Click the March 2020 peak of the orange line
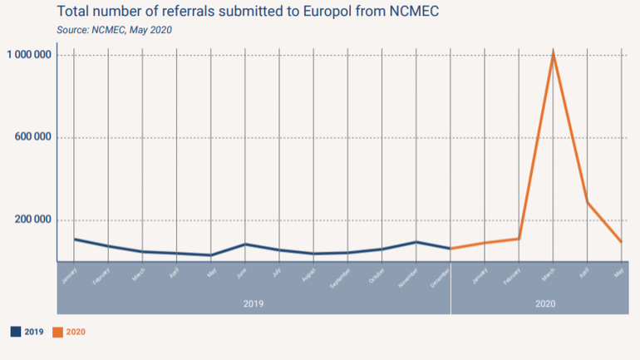coord(553,55)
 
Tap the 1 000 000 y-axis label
coord(30,55)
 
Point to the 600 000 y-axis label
coord(33,137)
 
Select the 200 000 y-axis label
coord(33,219)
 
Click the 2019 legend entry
coord(27,332)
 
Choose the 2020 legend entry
coord(69,332)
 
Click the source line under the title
coord(115,30)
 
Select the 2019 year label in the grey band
coord(254,303)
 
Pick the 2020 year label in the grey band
coord(545,303)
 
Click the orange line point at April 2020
coord(587,202)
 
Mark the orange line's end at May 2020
coord(621,242)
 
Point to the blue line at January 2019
coord(75,239)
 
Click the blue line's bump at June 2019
coord(245,244)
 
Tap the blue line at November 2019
coord(416,242)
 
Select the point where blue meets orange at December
coord(450,249)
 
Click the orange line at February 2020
coord(519,239)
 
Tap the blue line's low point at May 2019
coord(211,255)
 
